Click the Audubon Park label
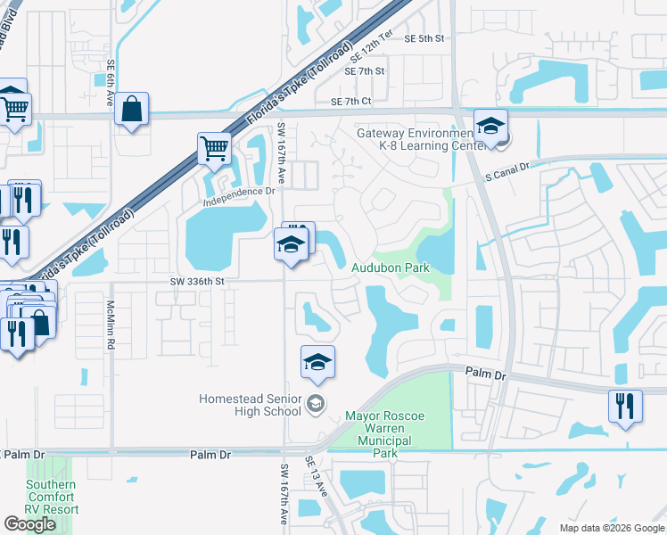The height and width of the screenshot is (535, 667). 391,267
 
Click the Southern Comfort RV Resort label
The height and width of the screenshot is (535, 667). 51,498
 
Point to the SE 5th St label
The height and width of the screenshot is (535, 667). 424,38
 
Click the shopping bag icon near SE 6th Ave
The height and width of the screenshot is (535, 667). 132,110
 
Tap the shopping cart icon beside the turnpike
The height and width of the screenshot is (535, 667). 214,149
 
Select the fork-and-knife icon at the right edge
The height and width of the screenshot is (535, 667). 625,406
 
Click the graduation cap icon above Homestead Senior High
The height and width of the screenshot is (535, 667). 317,361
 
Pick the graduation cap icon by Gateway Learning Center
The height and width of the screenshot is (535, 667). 490,126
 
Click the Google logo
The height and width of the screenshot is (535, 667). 30,524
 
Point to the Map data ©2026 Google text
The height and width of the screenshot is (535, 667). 611,528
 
